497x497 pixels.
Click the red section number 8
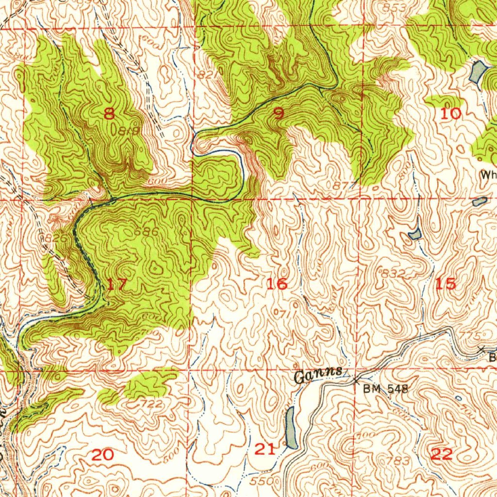(x=109, y=114)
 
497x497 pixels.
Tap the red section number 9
(x=279, y=114)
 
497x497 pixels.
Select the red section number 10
(x=450, y=114)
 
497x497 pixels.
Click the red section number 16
(x=277, y=284)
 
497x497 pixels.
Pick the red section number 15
(x=446, y=284)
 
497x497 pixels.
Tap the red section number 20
(x=102, y=455)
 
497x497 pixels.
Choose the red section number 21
(x=265, y=449)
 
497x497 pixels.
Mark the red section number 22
(x=442, y=454)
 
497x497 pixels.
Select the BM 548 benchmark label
(x=386, y=388)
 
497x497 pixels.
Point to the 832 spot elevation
(x=393, y=273)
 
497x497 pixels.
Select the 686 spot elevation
(x=146, y=232)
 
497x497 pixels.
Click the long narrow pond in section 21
(x=291, y=427)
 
